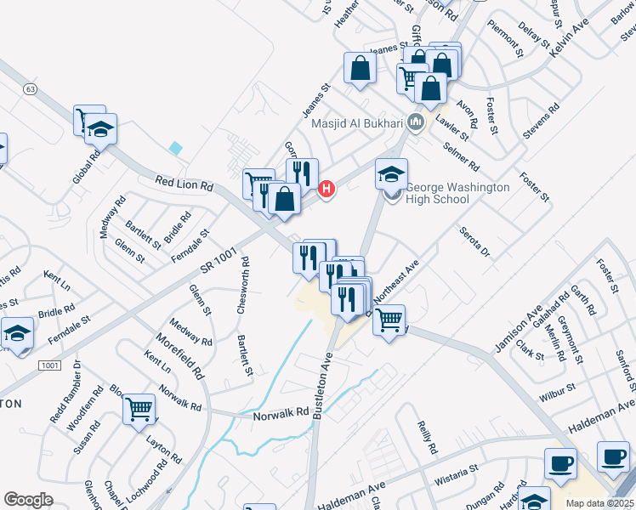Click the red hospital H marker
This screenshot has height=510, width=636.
(324, 189)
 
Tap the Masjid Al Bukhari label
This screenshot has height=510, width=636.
(356, 123)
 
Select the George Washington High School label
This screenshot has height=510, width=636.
(457, 193)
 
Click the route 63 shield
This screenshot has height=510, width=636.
(31, 88)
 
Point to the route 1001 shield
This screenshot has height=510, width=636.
(49, 365)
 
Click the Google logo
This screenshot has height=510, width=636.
(28, 499)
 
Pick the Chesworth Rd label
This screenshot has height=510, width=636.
(243, 286)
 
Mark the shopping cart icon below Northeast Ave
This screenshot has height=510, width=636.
(389, 320)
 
